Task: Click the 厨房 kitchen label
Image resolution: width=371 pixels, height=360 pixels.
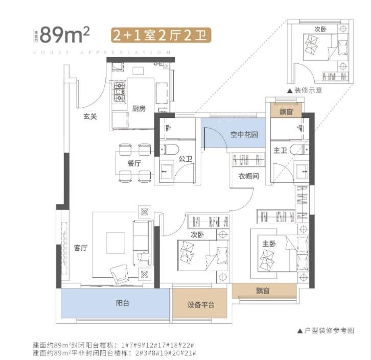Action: [x=139, y=109]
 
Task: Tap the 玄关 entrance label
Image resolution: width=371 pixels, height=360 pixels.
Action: [x=90, y=116]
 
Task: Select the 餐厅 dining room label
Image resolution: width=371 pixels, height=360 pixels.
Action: [x=134, y=163]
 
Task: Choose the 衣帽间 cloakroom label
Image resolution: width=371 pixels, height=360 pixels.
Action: [x=248, y=176]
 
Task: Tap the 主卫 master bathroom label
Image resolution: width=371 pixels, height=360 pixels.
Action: [x=281, y=150]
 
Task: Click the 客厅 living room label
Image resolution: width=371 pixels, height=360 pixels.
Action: [x=81, y=248]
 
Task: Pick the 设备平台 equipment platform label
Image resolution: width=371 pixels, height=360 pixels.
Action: [x=200, y=305]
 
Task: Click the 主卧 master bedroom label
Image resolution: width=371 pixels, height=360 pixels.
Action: [x=269, y=244]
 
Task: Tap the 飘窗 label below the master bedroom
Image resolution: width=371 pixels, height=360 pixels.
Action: [x=264, y=291]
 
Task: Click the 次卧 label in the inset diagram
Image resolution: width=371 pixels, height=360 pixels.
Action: [x=320, y=29]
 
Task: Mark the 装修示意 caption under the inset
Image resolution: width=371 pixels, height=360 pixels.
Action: [x=308, y=90]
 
